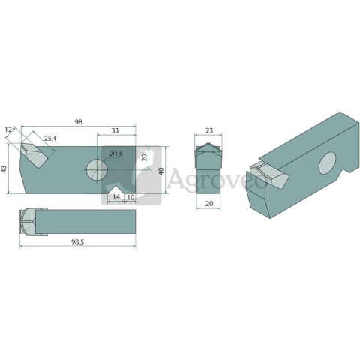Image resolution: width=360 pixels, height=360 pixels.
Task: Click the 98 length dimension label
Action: coord(79,122)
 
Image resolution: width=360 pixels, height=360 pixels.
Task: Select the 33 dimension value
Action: coord(115,130)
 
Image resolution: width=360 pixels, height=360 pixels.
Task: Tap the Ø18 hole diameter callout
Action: coord(115,154)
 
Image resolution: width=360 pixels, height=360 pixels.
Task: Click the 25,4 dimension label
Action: coord(51,139)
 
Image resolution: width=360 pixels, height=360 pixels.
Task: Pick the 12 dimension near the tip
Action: coord(8,130)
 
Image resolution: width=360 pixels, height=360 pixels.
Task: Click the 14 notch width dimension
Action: coord(116,197)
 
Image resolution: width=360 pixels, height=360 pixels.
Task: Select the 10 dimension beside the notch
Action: coord(130,197)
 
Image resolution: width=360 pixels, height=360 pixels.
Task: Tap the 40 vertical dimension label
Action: coord(162,171)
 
